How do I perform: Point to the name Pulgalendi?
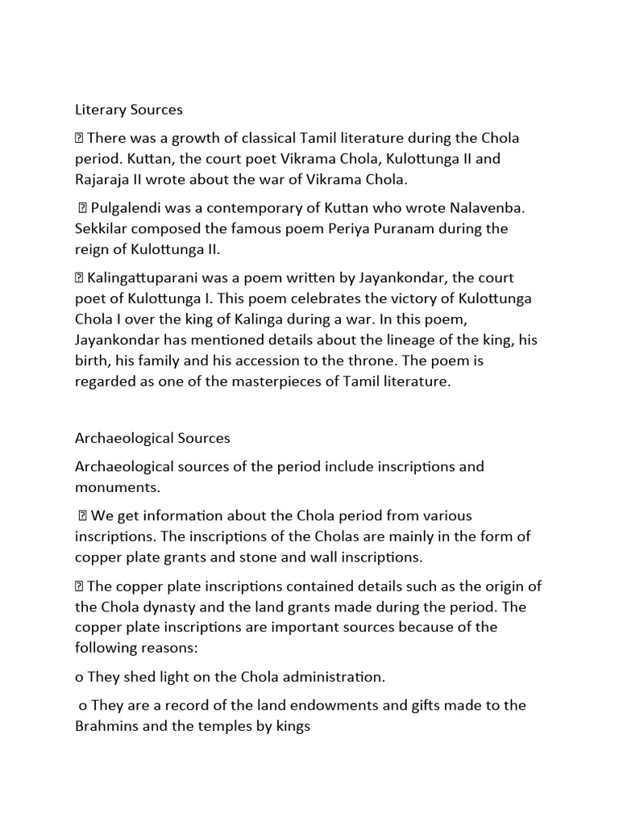[x=127, y=208]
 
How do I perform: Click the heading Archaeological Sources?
[x=152, y=438]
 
